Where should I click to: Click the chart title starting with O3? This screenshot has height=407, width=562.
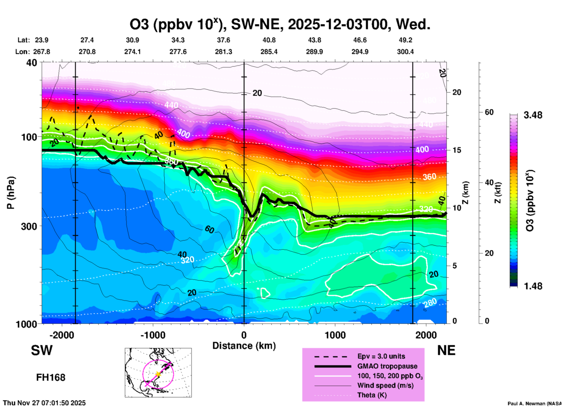click(280, 25)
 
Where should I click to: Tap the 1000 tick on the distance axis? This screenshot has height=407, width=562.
click(335, 335)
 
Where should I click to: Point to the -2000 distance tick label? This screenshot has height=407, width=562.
click(62, 335)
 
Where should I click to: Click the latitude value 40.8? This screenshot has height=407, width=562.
click(269, 40)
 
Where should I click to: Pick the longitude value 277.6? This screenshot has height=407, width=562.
click(178, 52)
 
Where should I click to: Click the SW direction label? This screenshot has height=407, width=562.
click(42, 350)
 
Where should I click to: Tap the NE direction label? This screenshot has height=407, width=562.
click(446, 350)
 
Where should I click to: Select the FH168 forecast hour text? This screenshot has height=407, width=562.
click(51, 378)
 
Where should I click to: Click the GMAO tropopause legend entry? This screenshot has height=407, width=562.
click(387, 366)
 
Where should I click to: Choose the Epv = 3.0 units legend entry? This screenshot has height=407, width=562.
click(381, 356)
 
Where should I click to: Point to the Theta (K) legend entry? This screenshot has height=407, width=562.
click(372, 395)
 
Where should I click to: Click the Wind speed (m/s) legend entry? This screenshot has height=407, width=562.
click(385, 385)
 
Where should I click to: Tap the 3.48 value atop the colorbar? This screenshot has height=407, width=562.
click(533, 115)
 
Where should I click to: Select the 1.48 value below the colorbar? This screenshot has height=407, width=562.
click(533, 286)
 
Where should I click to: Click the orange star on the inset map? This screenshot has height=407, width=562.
click(158, 374)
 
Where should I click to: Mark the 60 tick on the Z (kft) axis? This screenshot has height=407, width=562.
click(489, 112)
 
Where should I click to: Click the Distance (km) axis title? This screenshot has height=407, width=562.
click(244, 346)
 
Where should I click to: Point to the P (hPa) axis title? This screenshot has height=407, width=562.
click(11, 193)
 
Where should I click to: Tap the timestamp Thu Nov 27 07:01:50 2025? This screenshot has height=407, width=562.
click(44, 403)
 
